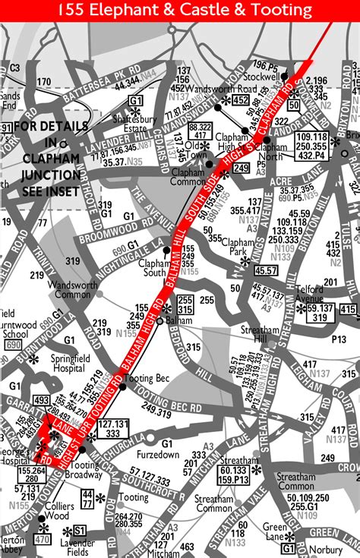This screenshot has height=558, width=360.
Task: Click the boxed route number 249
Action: click(x=241, y=168)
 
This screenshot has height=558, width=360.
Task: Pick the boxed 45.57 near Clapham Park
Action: click(x=266, y=270)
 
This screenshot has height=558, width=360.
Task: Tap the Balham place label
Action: click(x=179, y=320)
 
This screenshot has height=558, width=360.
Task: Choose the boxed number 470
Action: click(x=42, y=541)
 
